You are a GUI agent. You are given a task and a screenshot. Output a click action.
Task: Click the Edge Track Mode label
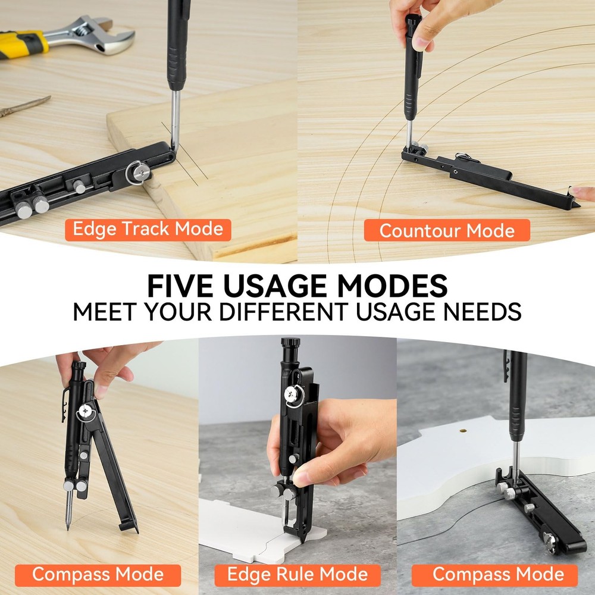148,229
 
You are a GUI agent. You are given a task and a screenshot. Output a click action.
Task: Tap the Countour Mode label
447,230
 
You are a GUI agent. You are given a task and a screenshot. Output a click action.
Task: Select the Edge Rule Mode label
297,575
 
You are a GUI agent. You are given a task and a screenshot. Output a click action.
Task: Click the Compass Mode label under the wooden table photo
98,575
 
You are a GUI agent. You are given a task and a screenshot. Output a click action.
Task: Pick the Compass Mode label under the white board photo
498,574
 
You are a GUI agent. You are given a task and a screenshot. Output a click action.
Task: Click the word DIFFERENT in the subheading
315,312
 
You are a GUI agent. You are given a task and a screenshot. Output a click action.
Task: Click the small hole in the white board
461,428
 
